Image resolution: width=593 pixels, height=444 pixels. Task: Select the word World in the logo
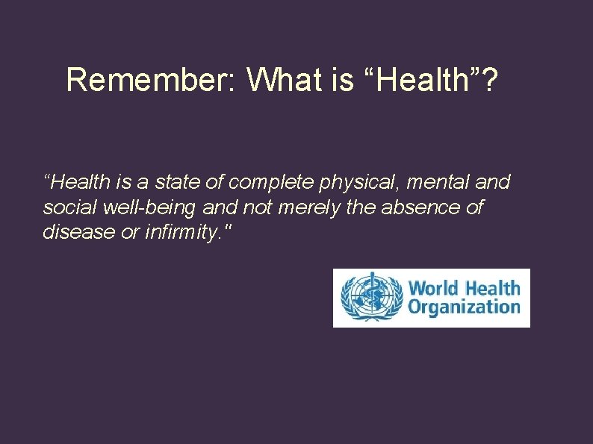(x=434, y=288)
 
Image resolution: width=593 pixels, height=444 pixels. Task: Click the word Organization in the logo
(x=463, y=307)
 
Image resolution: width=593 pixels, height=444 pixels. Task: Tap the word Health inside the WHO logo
(x=492, y=288)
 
